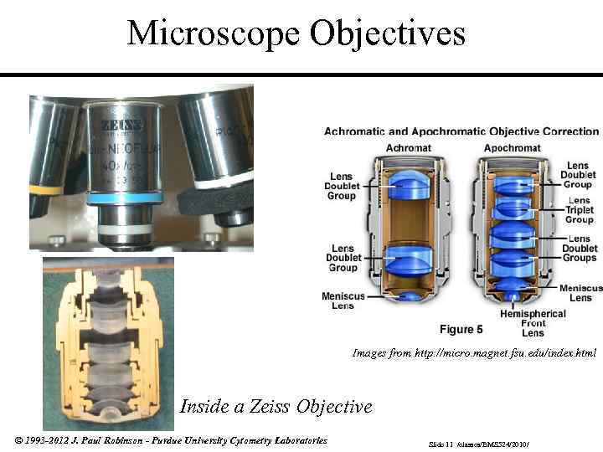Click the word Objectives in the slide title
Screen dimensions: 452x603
tap(388, 33)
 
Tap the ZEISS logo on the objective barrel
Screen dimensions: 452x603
tap(122, 125)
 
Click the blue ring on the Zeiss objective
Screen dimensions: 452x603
tap(124, 198)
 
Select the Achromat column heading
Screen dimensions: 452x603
tap(409, 148)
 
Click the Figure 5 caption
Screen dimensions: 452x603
tap(461, 329)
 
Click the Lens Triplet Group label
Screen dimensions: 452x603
tap(579, 210)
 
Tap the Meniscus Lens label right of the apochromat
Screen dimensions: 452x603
tap(580, 293)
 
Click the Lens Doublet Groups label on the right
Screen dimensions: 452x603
tap(579, 249)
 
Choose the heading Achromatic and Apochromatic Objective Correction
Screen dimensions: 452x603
tap(461, 131)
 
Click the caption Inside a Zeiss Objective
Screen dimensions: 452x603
tap(276, 407)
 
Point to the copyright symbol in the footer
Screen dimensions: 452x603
tap(19, 440)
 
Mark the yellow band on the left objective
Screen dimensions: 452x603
tap(45, 190)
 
